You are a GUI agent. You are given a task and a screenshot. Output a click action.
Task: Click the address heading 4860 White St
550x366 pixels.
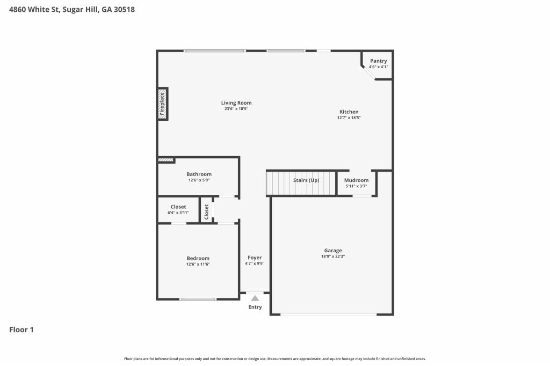(72, 10)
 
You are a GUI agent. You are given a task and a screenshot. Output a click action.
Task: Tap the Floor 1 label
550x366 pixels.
(21, 330)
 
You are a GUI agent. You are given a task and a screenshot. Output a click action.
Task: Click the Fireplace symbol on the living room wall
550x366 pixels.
(162, 104)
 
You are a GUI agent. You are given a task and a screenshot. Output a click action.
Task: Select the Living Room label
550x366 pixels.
(236, 103)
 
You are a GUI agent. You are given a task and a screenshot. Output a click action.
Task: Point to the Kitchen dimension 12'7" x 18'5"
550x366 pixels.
(349, 118)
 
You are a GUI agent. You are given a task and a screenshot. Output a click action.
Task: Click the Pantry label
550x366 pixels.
(378, 61)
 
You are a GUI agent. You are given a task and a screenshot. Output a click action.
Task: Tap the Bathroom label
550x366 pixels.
(199, 174)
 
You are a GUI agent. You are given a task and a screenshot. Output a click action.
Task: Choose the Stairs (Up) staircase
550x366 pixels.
(301, 182)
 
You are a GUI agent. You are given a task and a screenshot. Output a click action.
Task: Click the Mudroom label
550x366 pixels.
(356, 180)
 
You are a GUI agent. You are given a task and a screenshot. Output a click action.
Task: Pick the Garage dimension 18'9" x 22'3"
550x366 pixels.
(333, 257)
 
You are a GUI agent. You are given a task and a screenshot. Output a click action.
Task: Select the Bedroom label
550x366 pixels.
(198, 258)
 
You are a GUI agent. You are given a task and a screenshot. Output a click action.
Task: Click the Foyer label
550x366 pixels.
(255, 258)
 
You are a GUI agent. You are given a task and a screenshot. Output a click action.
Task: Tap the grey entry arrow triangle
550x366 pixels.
(255, 298)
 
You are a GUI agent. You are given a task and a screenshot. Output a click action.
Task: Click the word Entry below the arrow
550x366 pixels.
(255, 307)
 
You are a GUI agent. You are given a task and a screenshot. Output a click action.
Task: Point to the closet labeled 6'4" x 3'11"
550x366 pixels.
(178, 209)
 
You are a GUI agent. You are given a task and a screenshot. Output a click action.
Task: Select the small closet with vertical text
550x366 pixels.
(207, 210)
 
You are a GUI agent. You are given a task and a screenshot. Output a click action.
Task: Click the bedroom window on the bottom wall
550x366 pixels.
(198, 299)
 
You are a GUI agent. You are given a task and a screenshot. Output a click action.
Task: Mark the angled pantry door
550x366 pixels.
(368, 73)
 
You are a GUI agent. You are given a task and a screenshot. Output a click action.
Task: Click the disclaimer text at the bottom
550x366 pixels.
(275, 358)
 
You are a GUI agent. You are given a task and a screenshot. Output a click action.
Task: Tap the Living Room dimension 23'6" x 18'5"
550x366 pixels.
(236, 109)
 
